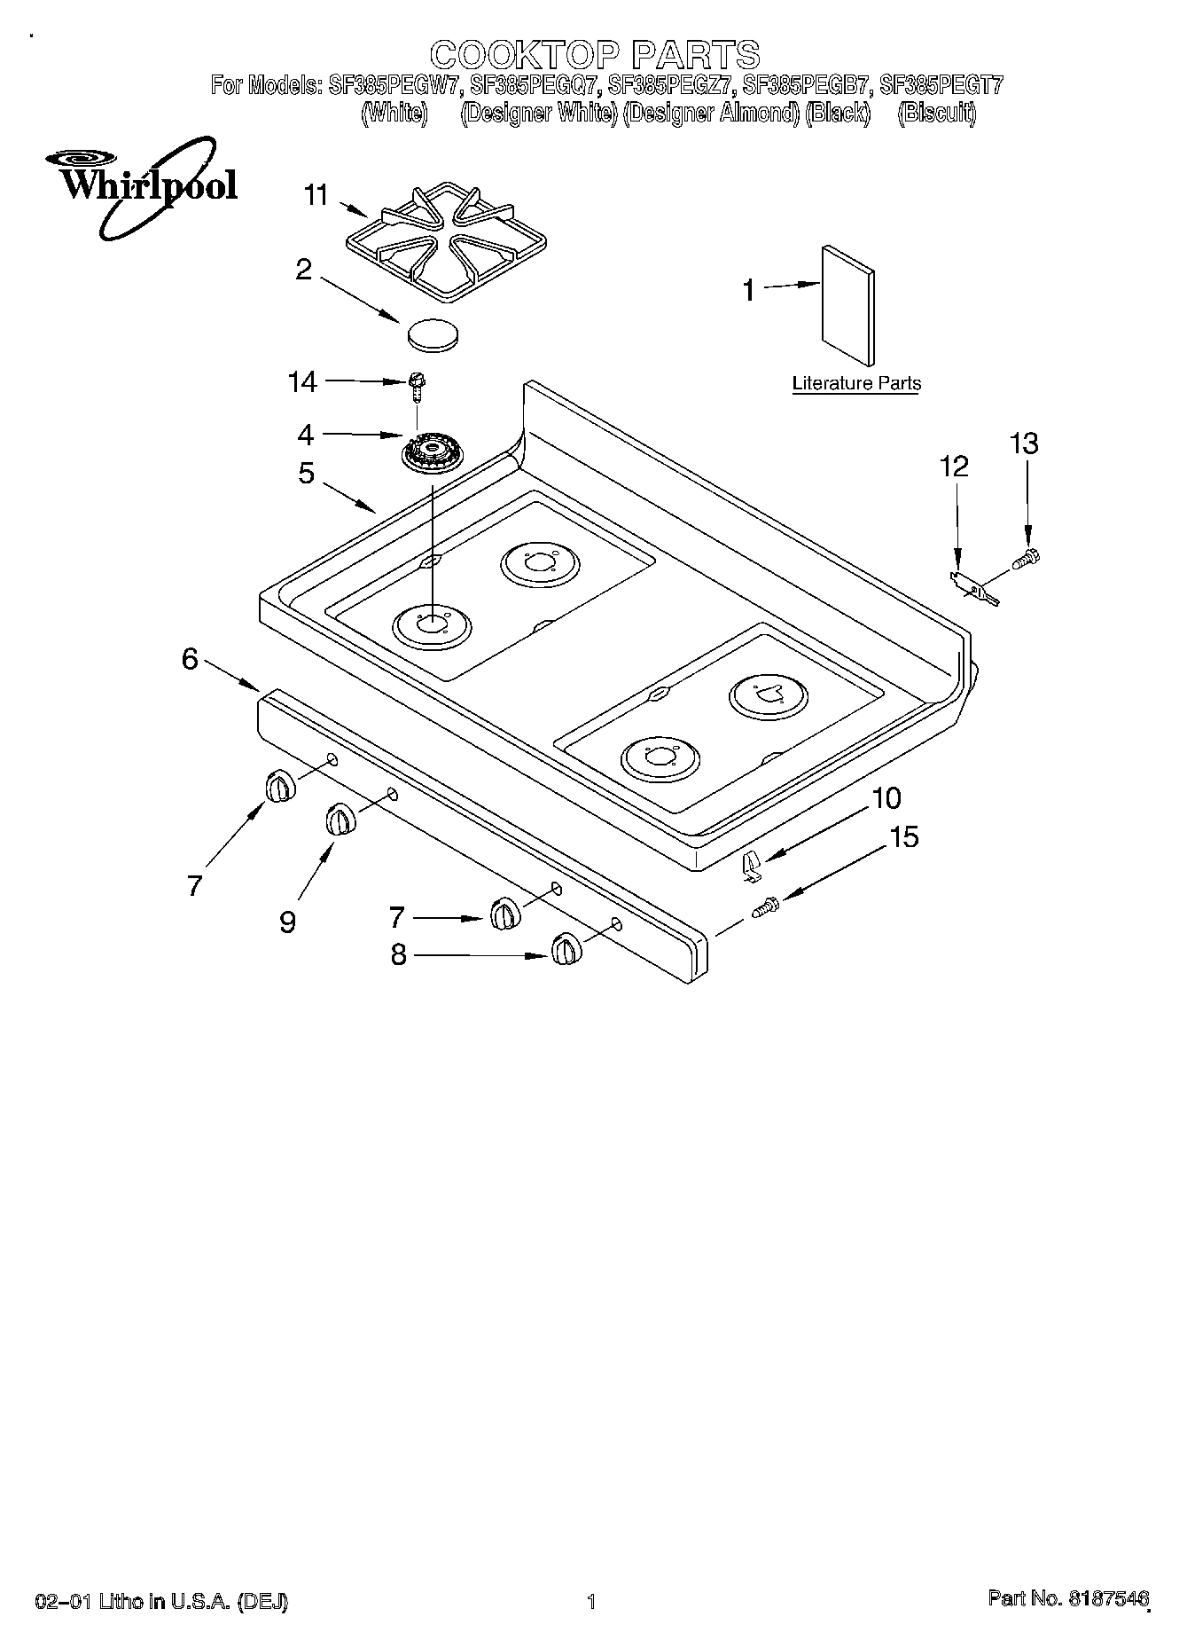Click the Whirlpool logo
pyautogui.click(x=142, y=186)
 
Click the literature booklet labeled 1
pyautogui.click(x=847, y=304)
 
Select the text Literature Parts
pyautogui.click(x=855, y=383)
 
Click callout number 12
pyautogui.click(x=954, y=467)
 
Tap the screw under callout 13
pyautogui.click(x=1026, y=559)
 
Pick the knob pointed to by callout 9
pyautogui.click(x=340, y=819)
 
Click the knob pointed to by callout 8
pyautogui.click(x=565, y=949)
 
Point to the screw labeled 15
pyautogui.click(x=764, y=907)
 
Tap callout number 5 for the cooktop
pyautogui.click(x=306, y=474)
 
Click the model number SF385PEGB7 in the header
pyautogui.click(x=806, y=86)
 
